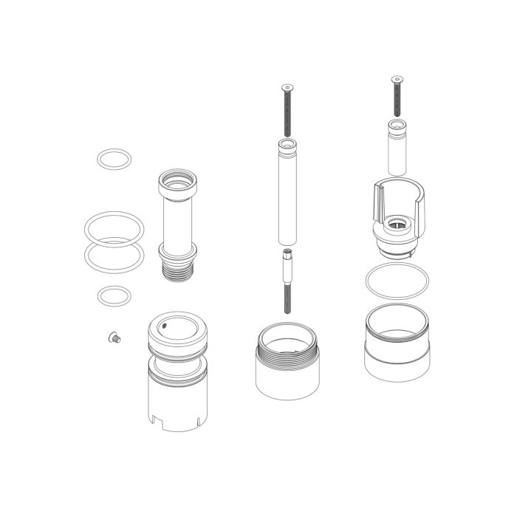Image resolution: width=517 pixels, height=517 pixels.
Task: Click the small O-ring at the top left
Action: click(x=114, y=151)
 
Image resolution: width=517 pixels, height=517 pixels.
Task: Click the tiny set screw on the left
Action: click(x=114, y=337)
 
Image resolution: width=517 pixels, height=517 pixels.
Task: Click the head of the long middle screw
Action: click(x=286, y=88)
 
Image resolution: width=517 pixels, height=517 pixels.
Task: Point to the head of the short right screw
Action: click(x=397, y=78)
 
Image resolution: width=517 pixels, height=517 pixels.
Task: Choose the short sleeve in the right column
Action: click(x=397, y=148)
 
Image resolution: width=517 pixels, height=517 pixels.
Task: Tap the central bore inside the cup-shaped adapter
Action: click(x=397, y=222)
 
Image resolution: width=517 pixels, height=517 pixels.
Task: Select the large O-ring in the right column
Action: click(x=397, y=281)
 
